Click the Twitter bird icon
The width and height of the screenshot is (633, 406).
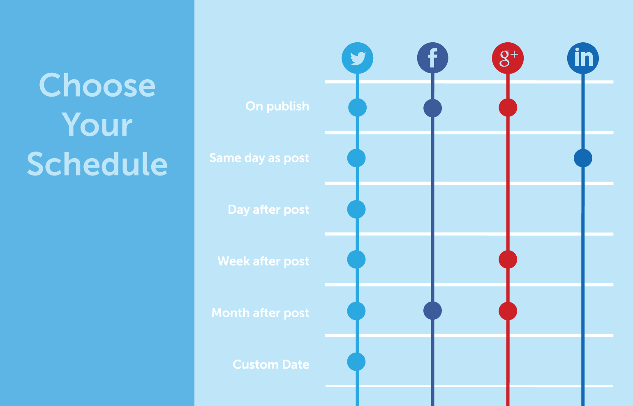click(357, 58)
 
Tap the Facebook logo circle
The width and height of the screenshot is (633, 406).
click(432, 58)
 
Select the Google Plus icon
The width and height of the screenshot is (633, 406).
click(508, 58)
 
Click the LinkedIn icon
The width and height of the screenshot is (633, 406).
click(583, 58)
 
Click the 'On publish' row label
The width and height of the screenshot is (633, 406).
click(277, 106)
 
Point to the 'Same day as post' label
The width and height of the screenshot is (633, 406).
click(259, 158)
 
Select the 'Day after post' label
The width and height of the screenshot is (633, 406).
click(268, 210)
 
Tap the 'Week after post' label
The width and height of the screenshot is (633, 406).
click(263, 261)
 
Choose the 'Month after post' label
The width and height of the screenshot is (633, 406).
click(260, 313)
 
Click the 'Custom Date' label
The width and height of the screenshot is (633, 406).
click(270, 364)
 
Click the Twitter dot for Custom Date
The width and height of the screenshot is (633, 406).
click(356, 362)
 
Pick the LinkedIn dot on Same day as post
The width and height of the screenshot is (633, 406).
click(583, 158)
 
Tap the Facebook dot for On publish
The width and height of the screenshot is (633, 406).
click(432, 108)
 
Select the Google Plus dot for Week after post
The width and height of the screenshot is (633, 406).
click(508, 260)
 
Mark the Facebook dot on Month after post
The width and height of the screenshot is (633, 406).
click(432, 311)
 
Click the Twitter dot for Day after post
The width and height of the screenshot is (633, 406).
click(356, 209)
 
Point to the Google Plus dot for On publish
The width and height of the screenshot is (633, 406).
click(508, 108)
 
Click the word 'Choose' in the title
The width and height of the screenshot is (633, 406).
click(97, 85)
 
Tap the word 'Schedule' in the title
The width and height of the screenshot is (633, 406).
click(97, 164)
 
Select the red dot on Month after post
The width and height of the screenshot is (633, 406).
click(508, 311)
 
